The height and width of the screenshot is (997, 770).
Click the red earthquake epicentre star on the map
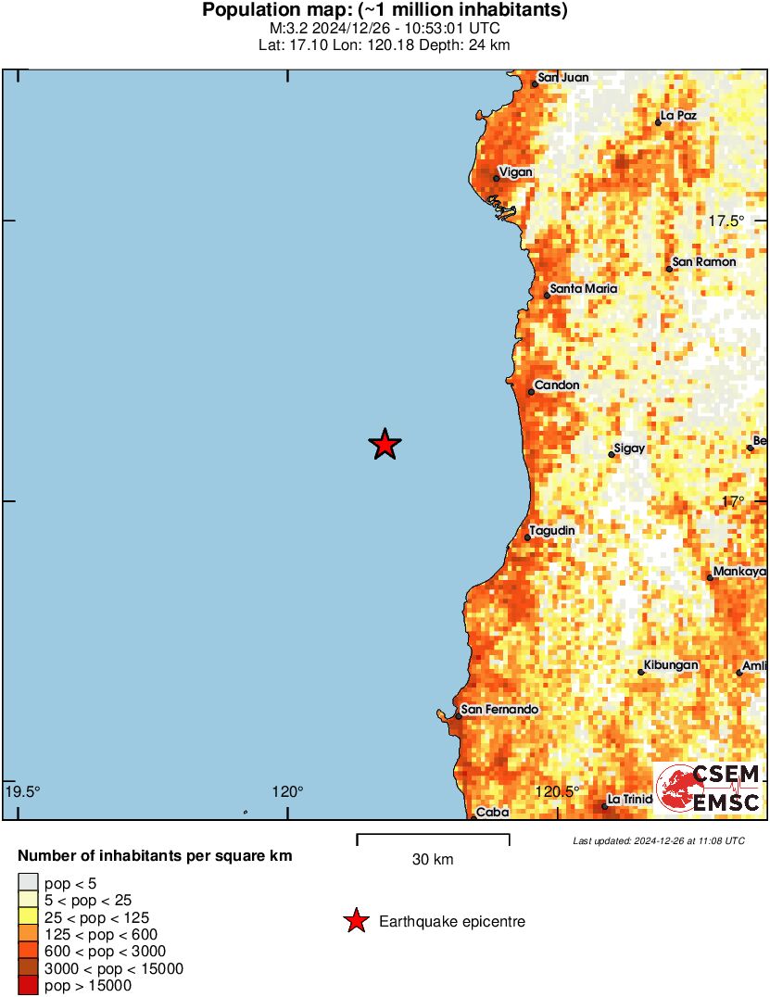coord(385,445)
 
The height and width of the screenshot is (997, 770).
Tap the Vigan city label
coord(514,171)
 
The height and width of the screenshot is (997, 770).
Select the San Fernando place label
coord(499,710)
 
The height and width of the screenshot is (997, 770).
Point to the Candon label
coord(557,385)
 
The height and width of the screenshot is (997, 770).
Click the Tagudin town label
coord(552,530)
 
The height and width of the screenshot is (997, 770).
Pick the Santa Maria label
coord(583,289)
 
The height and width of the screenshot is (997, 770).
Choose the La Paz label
coord(677,116)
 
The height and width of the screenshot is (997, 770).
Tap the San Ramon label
coord(704,262)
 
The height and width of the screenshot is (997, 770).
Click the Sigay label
coord(629,448)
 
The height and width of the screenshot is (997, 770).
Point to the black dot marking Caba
coord(473,817)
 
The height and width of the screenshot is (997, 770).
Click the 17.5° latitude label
coord(726,221)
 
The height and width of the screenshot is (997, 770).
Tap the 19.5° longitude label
coord(22,791)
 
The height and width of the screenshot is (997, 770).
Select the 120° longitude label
coord(287,791)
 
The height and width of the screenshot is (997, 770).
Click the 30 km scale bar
coord(433,839)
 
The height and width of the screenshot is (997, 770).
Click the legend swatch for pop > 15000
coord(29,986)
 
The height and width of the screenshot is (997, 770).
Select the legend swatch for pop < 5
coord(29,884)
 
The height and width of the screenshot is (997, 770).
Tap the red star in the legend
coord(355,921)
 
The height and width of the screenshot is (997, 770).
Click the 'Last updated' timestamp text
coord(659,841)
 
